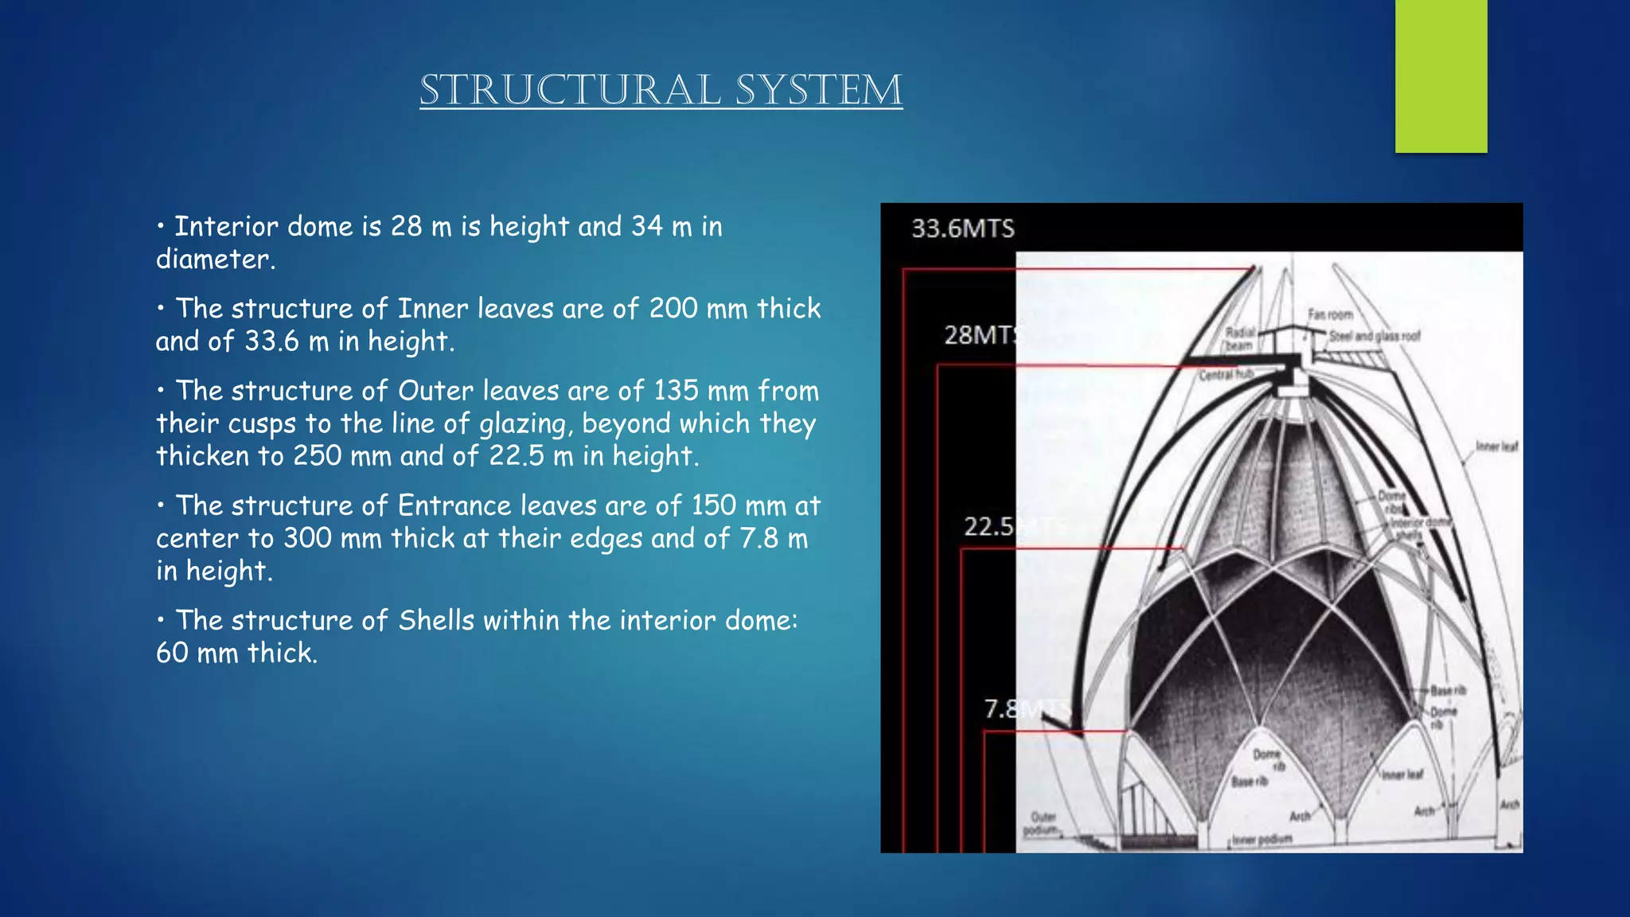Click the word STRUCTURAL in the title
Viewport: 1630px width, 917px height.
click(570, 90)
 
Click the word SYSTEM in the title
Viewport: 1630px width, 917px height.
click(819, 90)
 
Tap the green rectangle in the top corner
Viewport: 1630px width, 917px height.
click(1441, 76)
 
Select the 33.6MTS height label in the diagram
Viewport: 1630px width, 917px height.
click(963, 229)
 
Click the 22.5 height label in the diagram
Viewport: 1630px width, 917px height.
click(989, 526)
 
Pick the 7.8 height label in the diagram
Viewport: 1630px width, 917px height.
click(1002, 708)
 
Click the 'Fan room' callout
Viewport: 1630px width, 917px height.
click(1330, 314)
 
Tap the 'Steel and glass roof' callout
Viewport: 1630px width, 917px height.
click(1375, 336)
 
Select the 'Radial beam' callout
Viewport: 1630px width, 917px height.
click(1239, 338)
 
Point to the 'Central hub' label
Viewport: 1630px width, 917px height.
click(1226, 374)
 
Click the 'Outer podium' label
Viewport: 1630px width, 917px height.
click(1042, 823)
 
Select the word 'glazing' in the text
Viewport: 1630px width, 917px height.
click(525, 424)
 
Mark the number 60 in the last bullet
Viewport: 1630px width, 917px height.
click(172, 654)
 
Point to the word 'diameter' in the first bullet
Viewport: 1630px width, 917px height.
click(213, 259)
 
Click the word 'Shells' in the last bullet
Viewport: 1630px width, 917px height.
click(436, 620)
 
